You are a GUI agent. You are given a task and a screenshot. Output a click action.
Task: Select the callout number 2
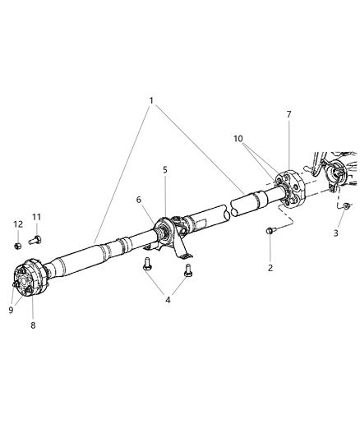coord(270,267)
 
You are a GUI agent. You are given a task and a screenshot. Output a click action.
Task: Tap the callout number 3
coord(335,233)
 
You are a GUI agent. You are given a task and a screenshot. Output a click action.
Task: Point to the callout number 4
coord(168,300)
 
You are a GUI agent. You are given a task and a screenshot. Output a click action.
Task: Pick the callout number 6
coord(138,200)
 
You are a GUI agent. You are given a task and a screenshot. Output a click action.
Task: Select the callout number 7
coord(288,114)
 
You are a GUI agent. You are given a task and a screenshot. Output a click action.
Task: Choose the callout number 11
coord(36,217)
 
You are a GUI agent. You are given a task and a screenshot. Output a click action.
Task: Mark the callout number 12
coord(17,224)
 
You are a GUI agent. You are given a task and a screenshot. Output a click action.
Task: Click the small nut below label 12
coord(17,244)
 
